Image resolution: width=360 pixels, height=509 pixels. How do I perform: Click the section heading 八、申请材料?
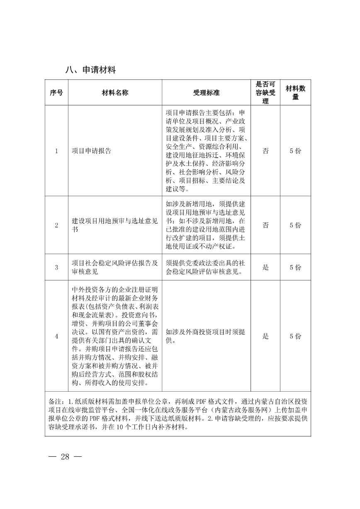[x=90, y=70]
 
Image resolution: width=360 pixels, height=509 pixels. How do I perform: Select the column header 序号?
[x=56, y=93]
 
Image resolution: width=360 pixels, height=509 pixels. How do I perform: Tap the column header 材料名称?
[x=115, y=93]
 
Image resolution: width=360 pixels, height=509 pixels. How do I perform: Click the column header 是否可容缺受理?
[x=265, y=93]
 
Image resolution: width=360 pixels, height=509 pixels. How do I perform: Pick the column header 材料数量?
[x=296, y=93]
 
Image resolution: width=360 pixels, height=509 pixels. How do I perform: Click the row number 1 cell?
[x=56, y=151]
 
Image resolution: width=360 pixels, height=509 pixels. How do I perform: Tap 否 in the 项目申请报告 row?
[x=265, y=151]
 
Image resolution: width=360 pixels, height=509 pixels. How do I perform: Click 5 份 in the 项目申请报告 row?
[x=296, y=151]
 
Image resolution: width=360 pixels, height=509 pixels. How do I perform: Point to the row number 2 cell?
[x=56, y=225]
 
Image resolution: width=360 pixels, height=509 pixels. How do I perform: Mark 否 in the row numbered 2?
[x=265, y=225]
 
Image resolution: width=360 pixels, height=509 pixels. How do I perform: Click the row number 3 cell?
[x=56, y=268]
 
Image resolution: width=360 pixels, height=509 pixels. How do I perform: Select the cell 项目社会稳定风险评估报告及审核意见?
[x=115, y=268]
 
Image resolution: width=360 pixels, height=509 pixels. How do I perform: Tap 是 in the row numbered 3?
[x=265, y=268]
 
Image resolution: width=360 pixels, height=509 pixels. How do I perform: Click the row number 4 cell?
[x=56, y=336]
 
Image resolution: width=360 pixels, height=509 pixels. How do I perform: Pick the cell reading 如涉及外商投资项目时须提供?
[x=206, y=336]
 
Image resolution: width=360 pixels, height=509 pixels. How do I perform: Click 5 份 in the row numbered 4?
[x=296, y=336]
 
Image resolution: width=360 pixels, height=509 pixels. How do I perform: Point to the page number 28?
[x=65, y=457]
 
